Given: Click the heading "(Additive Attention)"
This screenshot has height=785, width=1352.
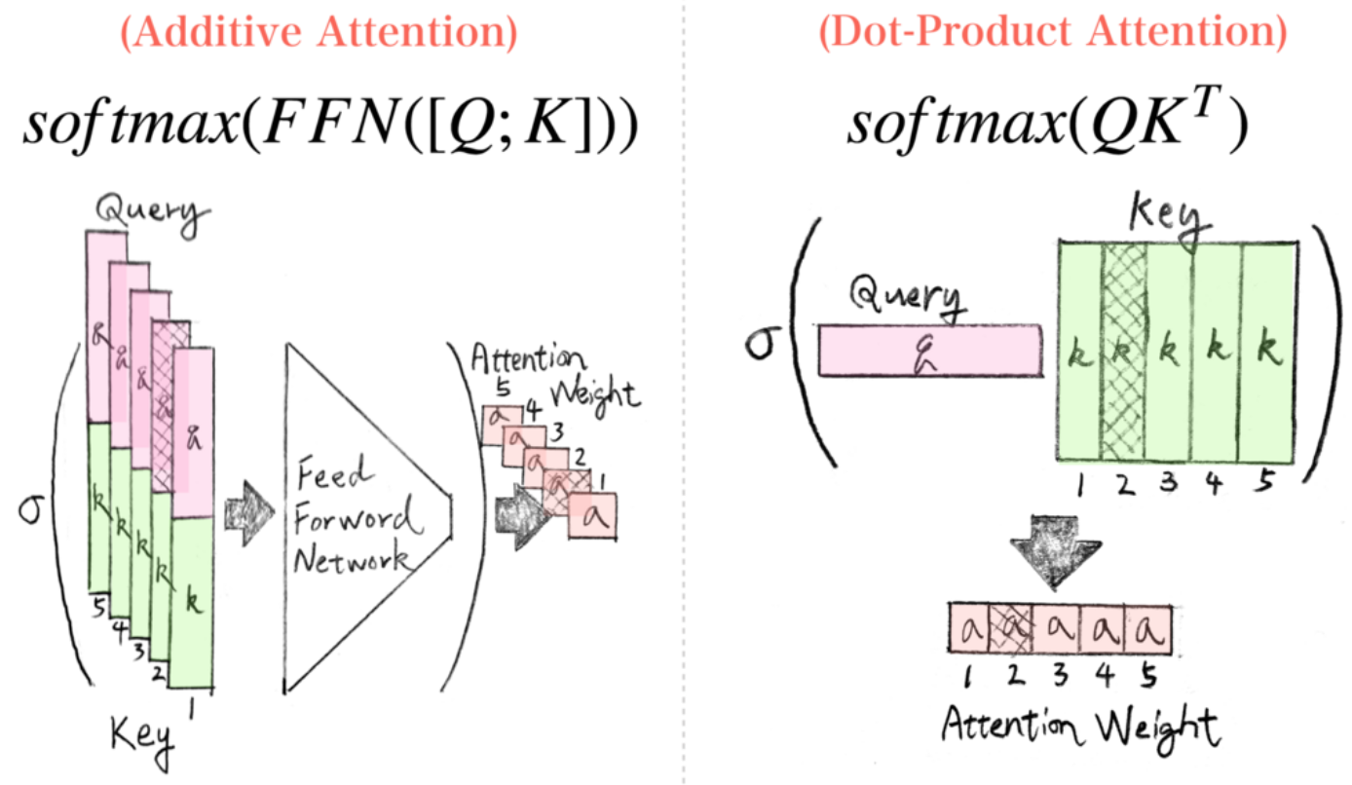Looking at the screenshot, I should tap(319, 35).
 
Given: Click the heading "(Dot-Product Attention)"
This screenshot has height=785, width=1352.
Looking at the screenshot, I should tap(1052, 35).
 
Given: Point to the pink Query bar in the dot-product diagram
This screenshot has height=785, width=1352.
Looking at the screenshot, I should tap(930, 351).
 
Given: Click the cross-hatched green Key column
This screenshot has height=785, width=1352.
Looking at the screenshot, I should tap(1124, 351).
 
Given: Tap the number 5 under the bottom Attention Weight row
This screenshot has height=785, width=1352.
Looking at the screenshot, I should tap(1147, 673).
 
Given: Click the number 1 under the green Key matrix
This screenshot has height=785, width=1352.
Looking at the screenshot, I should tap(1080, 485).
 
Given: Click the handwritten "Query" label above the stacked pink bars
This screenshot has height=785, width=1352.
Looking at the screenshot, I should tap(151, 214).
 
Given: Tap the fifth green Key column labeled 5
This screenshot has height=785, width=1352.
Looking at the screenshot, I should tap(1267, 351).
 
